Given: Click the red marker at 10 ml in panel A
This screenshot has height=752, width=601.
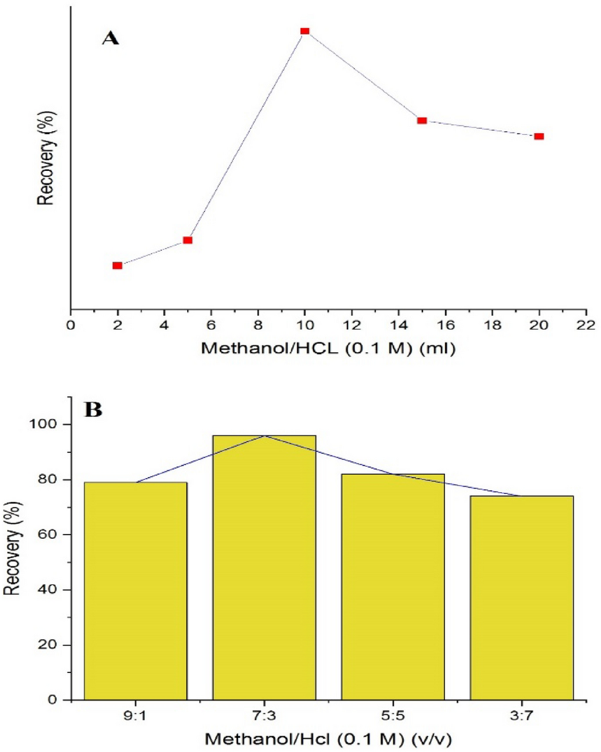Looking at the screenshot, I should (305, 31).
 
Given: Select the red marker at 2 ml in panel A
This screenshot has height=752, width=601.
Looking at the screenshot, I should (117, 265).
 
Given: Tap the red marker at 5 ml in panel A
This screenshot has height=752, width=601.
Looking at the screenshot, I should (188, 240).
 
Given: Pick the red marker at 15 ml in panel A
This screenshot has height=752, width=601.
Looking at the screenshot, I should (422, 120).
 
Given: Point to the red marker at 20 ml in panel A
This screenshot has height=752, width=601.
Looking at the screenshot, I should (539, 136).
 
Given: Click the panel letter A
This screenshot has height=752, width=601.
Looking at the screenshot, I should (111, 38).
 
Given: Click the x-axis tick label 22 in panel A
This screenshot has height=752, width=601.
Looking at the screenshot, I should (585, 326).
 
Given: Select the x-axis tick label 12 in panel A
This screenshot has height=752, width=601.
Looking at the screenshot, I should (352, 326).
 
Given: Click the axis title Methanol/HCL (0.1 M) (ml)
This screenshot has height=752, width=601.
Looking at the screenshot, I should (328, 350).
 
